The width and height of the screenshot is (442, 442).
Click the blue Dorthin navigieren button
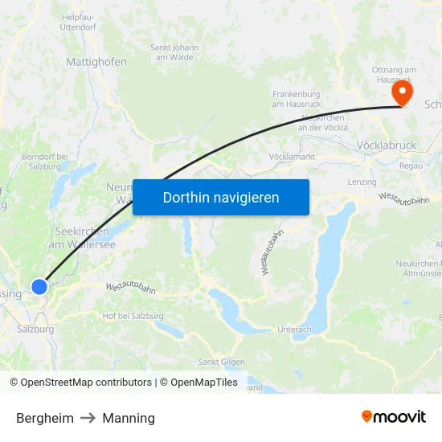coord(221,197)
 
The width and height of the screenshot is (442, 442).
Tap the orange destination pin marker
coord(401,94)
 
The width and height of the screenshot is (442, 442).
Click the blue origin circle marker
coord(39,286)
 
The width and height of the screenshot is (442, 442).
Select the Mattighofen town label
coord(96,61)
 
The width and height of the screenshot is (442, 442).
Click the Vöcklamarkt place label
coord(292,156)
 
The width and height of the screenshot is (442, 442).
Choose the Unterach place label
coord(294,329)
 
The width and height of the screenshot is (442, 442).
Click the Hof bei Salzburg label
coord(133,316)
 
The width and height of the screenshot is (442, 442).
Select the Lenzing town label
coord(362,182)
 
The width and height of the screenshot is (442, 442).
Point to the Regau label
coord(411,166)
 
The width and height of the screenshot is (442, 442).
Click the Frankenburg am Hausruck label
coord(297,99)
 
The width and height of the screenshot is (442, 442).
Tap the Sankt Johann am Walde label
coord(174,52)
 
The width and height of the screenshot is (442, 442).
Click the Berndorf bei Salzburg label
coord(45,160)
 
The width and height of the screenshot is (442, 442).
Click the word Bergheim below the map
coord(45,418)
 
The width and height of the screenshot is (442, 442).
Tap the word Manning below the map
coord(129,418)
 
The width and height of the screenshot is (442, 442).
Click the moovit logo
coord(394,416)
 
